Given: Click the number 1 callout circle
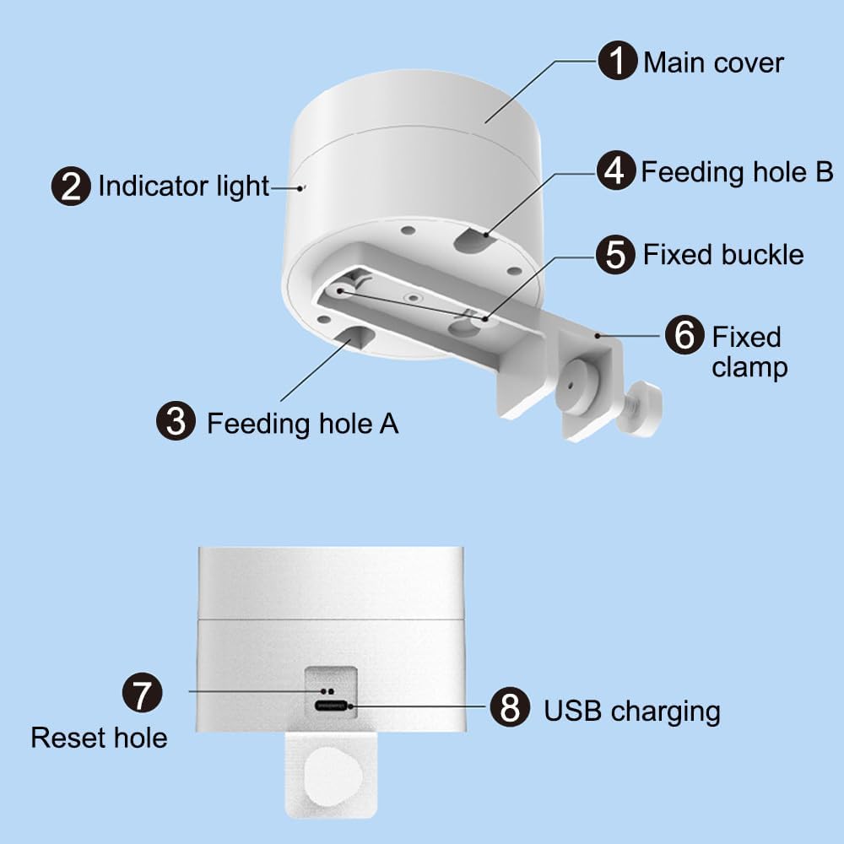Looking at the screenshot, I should (619, 62).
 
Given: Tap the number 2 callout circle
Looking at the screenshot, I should (72, 186).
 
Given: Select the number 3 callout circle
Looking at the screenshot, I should (176, 420).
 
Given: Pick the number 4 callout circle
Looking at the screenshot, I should (617, 171).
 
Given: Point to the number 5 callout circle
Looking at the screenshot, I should (617, 254).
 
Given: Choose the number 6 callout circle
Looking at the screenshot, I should (684, 336).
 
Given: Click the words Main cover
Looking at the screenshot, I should (713, 62).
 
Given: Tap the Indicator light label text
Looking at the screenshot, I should (183, 187).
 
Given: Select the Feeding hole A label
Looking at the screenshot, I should (302, 422).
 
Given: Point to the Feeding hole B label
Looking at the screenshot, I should (737, 172).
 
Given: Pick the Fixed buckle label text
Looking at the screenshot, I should (723, 254).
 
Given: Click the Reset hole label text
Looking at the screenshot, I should (99, 738).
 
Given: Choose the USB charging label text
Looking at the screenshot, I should (631, 711).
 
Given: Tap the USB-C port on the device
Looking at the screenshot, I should (332, 706).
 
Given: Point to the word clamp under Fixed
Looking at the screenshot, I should (749, 368).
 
